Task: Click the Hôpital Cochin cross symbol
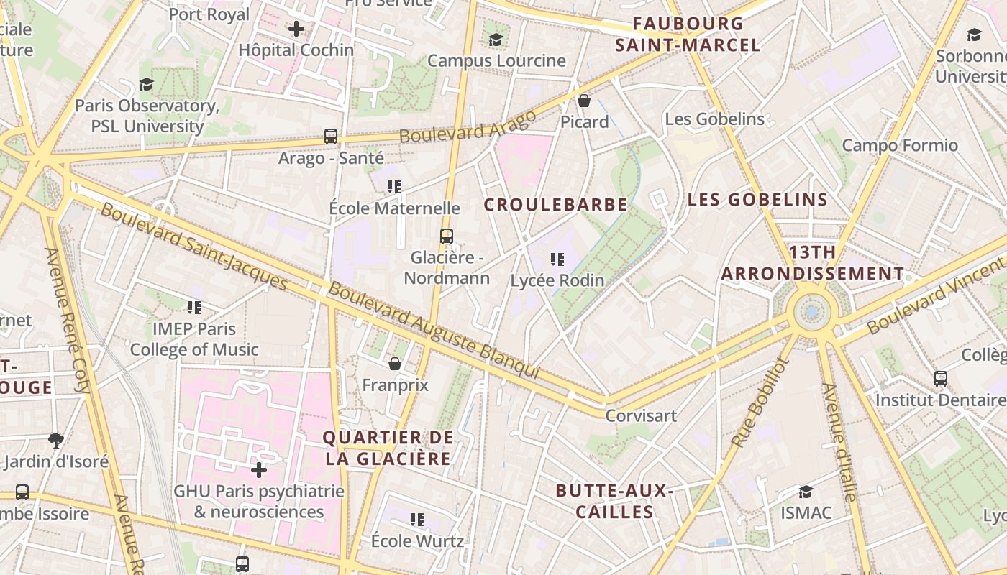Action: (x=296, y=29)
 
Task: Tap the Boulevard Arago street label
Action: (x=468, y=126)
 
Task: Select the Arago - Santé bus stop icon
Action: (x=331, y=136)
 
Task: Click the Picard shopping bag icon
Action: (x=584, y=101)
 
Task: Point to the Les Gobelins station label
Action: (x=714, y=119)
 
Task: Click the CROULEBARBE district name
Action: (x=555, y=205)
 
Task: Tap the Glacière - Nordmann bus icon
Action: (x=447, y=236)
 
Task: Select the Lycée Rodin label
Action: (x=557, y=280)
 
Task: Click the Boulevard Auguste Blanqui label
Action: (x=434, y=330)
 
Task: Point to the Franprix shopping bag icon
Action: (x=394, y=364)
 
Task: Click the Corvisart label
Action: (x=641, y=415)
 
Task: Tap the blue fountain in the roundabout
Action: (x=812, y=312)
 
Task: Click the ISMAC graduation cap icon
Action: (x=806, y=492)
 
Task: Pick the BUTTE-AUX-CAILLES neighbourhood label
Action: (x=614, y=502)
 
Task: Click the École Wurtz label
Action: (x=417, y=540)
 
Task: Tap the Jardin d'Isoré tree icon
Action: (x=55, y=439)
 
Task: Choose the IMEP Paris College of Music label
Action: (x=193, y=339)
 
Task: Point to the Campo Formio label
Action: (x=900, y=146)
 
